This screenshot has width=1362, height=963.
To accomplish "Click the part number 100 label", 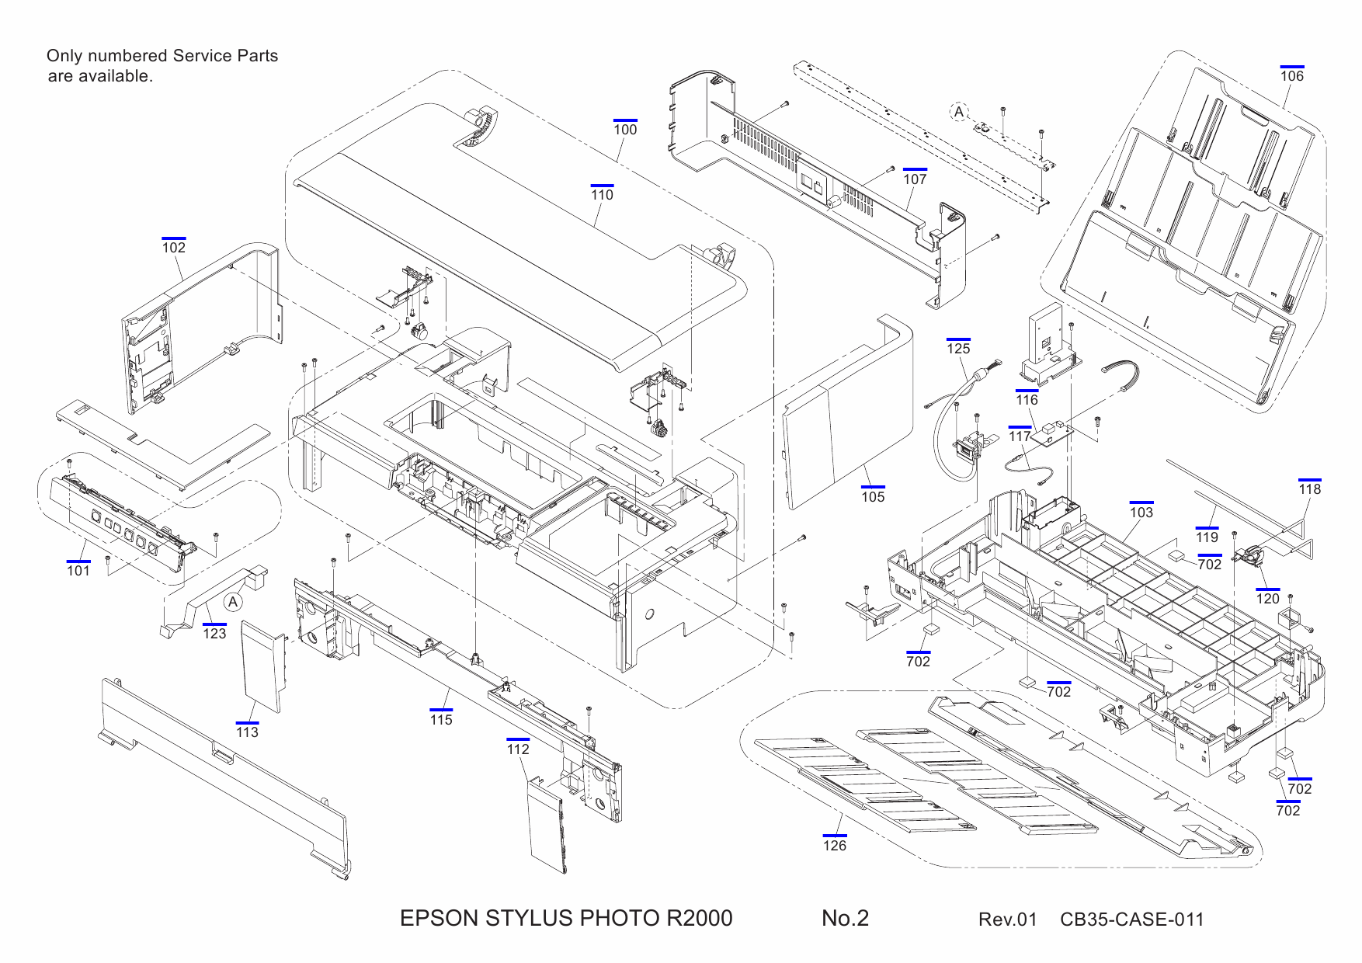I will coord(625,130).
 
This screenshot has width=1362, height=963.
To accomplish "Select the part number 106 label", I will coord(1292,75).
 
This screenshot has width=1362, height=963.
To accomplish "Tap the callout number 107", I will coord(915,179).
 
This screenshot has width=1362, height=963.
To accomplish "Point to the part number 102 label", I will coord(174,247).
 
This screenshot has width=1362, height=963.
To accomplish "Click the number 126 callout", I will coord(835,845).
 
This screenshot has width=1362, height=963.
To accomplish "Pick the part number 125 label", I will coord(958,348).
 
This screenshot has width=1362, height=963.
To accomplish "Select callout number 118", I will coord(1310,488).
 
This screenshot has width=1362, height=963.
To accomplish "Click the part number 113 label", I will coord(247,732).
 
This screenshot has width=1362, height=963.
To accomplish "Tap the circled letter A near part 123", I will coord(233,602).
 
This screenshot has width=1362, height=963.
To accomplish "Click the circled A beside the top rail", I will coord(960,112).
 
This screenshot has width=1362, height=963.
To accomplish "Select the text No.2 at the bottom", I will coord(845,918).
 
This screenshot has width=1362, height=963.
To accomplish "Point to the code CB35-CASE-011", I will coord(1131,920).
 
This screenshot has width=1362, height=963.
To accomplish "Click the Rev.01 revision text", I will coord(1007,920).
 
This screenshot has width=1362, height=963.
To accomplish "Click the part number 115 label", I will coord(441,719).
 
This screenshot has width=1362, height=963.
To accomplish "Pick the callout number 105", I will coord(873,496).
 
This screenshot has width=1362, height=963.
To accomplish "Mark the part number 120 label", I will coord(1267,598).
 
